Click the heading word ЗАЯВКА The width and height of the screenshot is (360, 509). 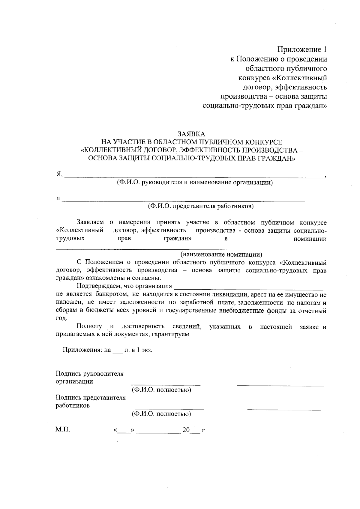coord(191,134)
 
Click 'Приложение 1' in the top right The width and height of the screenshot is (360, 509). coord(302,49)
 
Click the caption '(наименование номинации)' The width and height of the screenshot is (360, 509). coord(221,255)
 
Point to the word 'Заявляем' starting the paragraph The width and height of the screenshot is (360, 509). coord(90,222)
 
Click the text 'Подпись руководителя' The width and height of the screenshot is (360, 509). coord(90,374)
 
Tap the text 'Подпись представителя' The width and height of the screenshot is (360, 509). coord(91,398)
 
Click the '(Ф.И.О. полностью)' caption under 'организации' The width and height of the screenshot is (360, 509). coord(161,390)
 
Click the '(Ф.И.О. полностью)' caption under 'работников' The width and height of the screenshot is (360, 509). coord(161,414)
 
